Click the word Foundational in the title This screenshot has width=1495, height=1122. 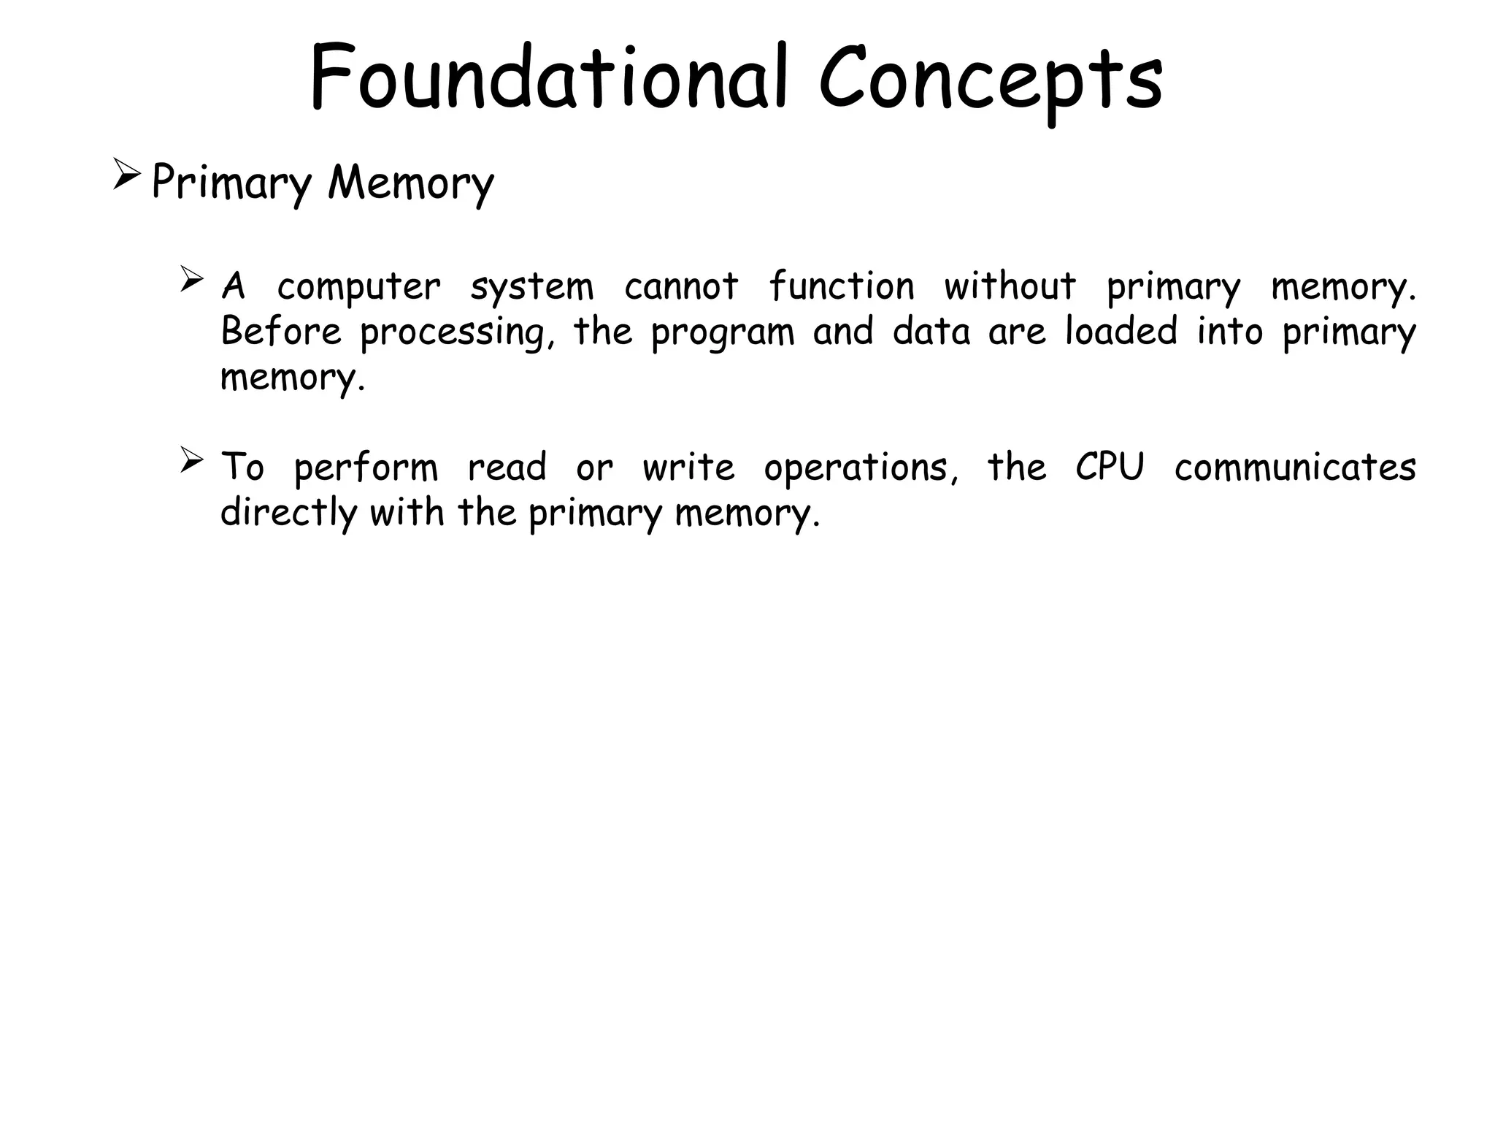pyautogui.click(x=547, y=77)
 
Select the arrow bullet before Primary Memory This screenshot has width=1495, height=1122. pyautogui.click(x=126, y=178)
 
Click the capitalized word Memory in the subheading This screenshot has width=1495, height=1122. pyautogui.click(x=410, y=183)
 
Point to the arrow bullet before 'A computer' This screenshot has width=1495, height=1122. pyautogui.click(x=191, y=280)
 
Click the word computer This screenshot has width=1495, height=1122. pyautogui.click(x=358, y=287)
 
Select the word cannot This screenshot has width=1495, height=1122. pyautogui.click(x=681, y=286)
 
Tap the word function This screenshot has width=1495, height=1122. pyautogui.click(x=841, y=286)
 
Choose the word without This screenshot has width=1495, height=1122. pyautogui.click(x=1010, y=286)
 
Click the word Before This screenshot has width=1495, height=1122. pyautogui.click(x=281, y=331)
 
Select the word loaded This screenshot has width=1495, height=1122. pyautogui.click(x=1121, y=331)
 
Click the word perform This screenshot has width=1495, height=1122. pyautogui.click(x=365, y=468)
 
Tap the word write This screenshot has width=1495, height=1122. pyautogui.click(x=688, y=467)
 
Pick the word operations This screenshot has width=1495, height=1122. pyautogui.click(x=861, y=468)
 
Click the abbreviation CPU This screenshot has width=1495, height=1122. pyautogui.click(x=1110, y=467)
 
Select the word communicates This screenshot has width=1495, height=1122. pyautogui.click(x=1295, y=467)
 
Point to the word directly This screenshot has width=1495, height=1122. pyautogui.click(x=288, y=514)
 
